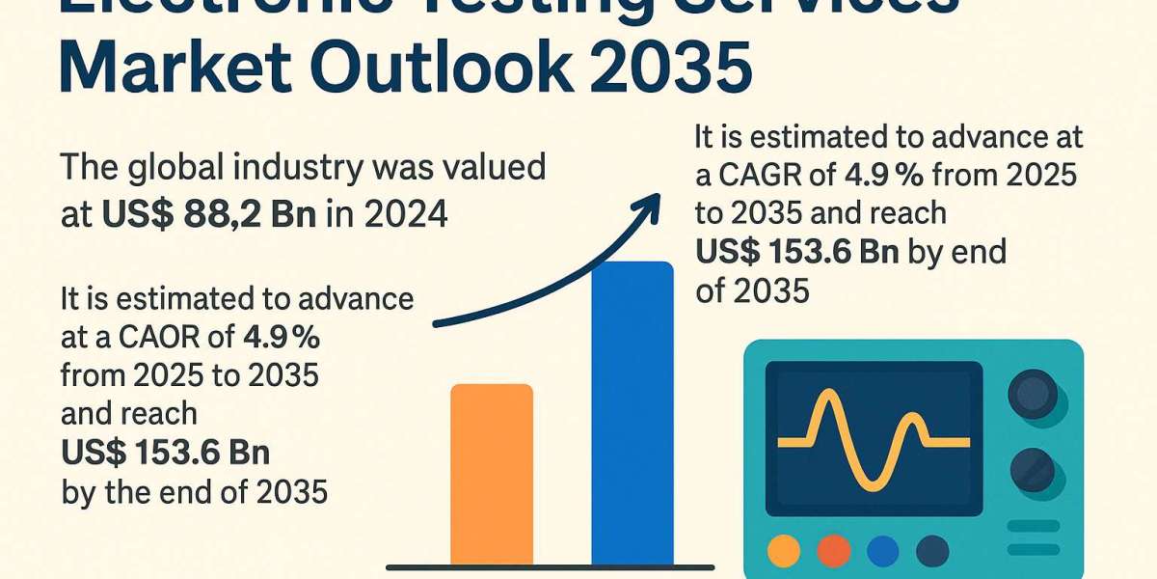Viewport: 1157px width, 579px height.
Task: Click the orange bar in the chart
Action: click(492, 473)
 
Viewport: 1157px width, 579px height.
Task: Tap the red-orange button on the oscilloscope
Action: click(834, 551)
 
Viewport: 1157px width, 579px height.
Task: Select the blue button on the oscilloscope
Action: click(882, 551)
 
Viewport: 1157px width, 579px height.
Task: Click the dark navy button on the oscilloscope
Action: click(931, 551)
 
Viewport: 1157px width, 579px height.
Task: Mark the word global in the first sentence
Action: click(179, 167)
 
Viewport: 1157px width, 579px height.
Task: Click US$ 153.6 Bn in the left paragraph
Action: click(165, 453)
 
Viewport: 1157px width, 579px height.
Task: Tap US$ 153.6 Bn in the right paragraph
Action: click(797, 252)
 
